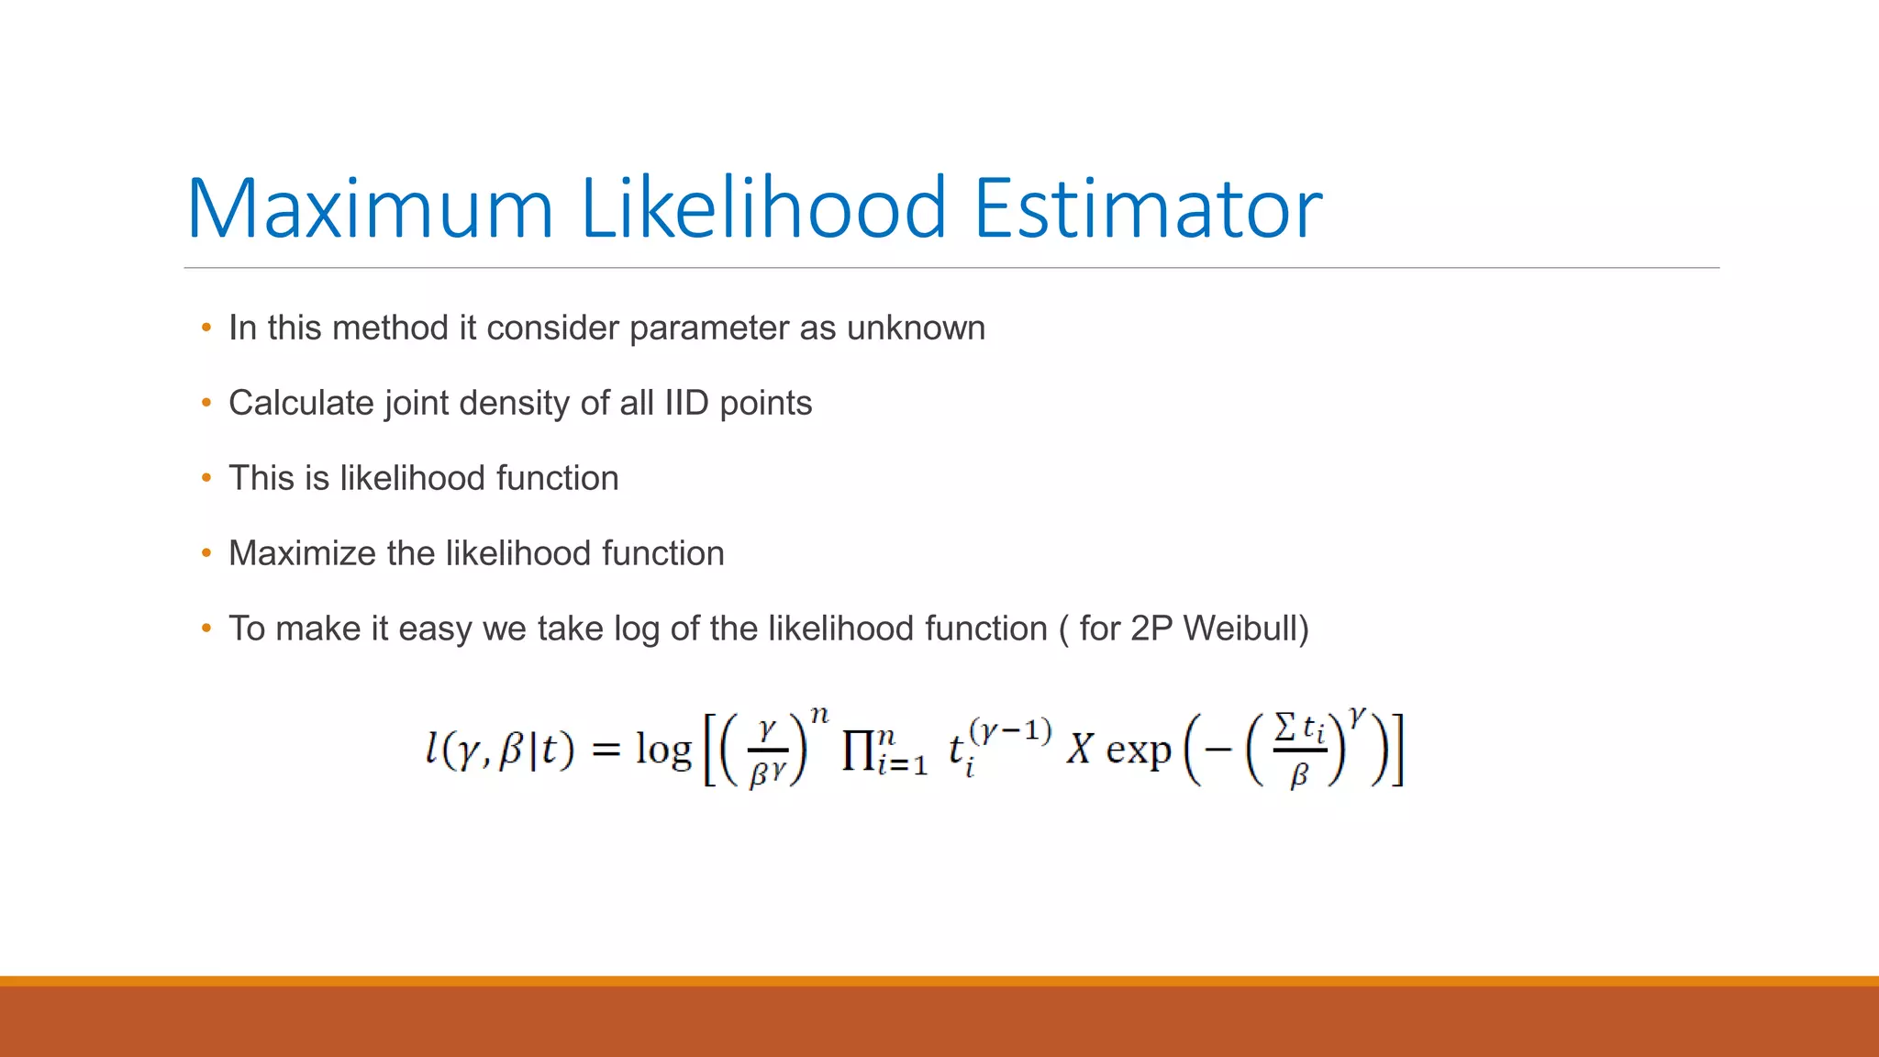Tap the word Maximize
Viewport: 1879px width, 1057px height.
[302, 553]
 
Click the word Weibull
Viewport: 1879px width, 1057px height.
[1243, 629]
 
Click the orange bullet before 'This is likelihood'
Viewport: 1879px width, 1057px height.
[206, 478]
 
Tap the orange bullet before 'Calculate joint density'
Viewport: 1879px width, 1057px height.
[206, 403]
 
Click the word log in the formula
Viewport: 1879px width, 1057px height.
[662, 751]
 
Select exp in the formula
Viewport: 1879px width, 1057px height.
[1138, 751]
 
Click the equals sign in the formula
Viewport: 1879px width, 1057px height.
[606, 750]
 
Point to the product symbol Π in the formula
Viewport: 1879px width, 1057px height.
[858, 751]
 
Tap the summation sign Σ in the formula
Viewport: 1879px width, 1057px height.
[1285, 729]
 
